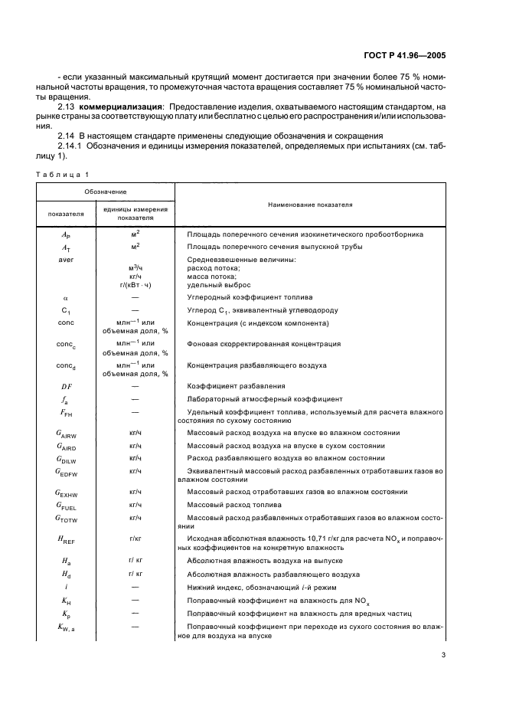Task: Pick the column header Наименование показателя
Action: point(310,205)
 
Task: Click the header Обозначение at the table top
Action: point(106,191)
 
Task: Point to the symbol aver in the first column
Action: point(65,259)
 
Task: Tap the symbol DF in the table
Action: point(66,386)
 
